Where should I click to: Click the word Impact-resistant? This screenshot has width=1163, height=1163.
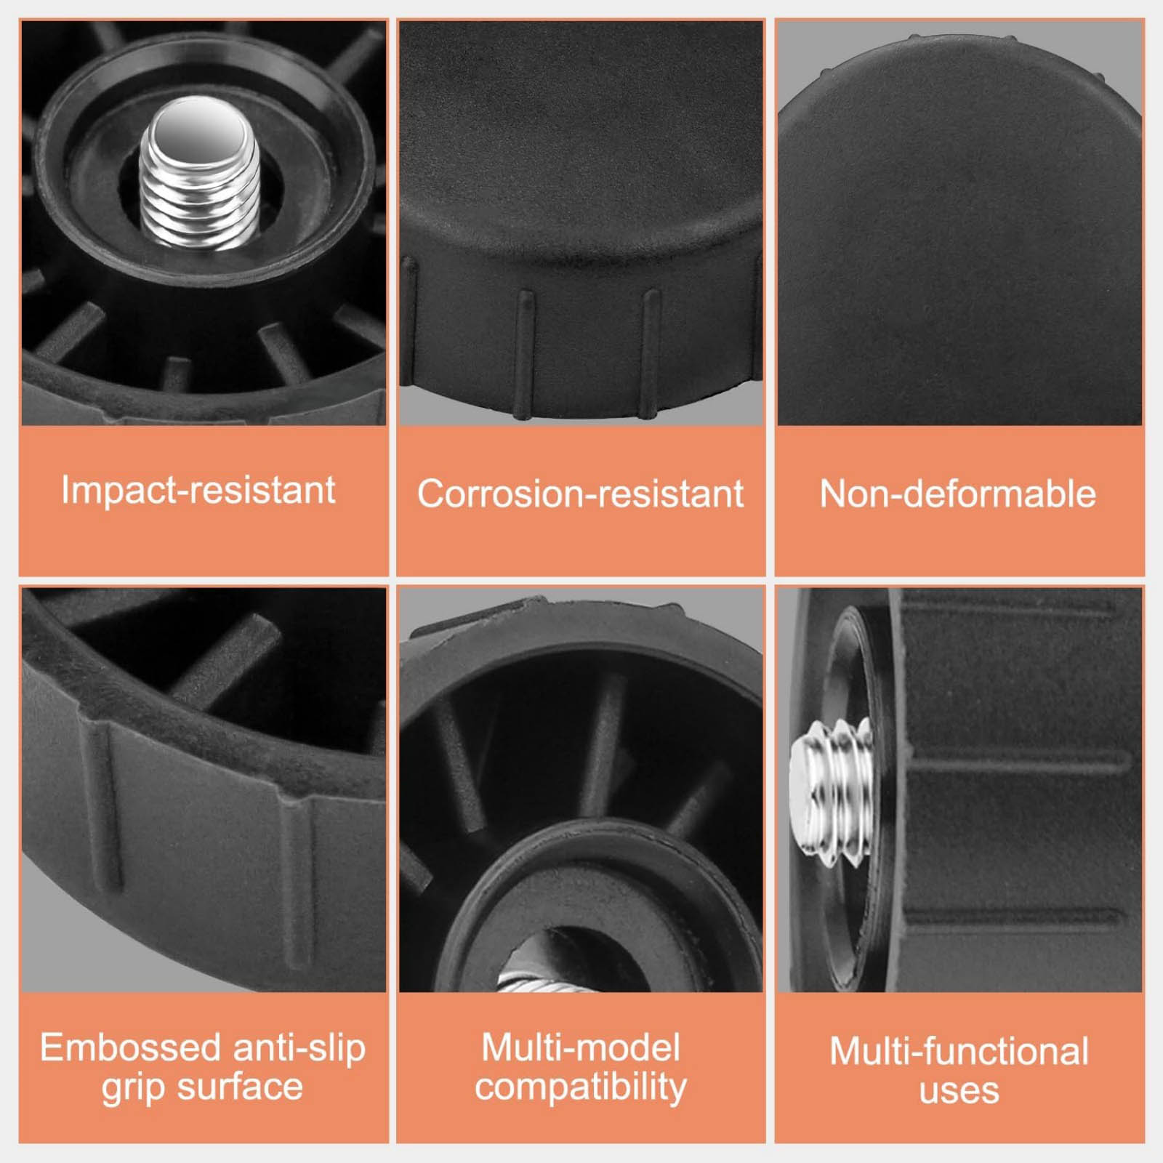pyautogui.click(x=198, y=490)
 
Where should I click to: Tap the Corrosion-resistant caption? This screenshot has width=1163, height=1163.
pyautogui.click(x=580, y=494)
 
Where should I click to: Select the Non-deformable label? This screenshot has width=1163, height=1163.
pyautogui.click(x=958, y=494)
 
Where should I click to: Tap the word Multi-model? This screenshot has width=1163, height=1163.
pyautogui.click(x=581, y=1048)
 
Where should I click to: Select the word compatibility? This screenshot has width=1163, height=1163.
pyautogui.click(x=581, y=1087)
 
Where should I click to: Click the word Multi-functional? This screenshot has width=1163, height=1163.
pyautogui.click(x=959, y=1052)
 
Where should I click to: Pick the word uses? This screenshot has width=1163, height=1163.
pyautogui.click(x=959, y=1091)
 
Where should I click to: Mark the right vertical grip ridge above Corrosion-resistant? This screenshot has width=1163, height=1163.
pyautogui.click(x=650, y=353)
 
